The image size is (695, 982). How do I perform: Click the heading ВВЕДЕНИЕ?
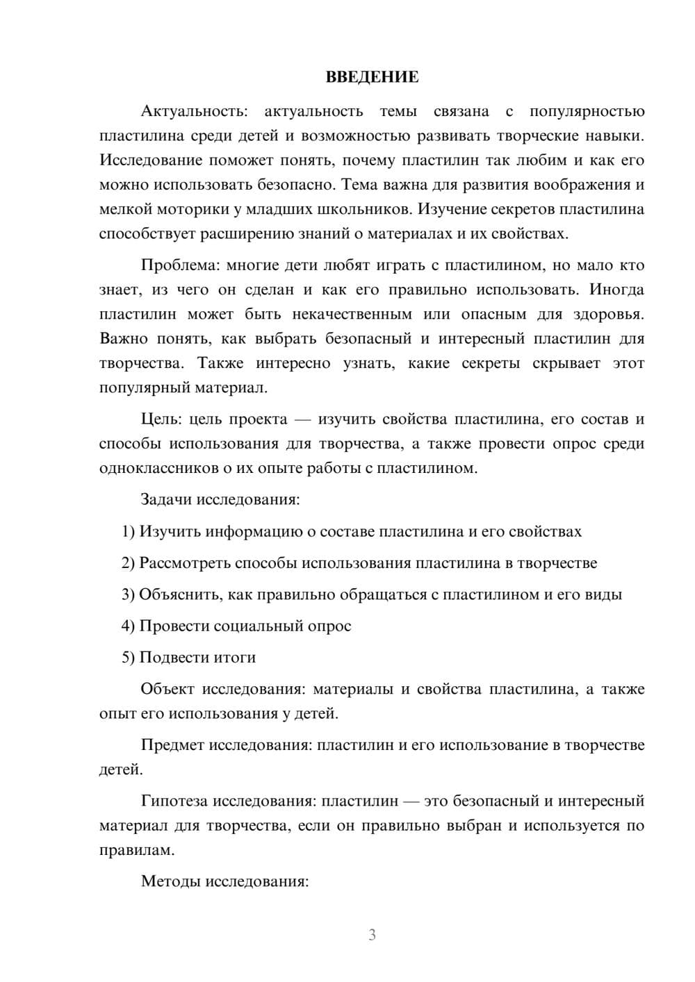[372, 77]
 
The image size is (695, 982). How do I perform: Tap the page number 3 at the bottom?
[372, 935]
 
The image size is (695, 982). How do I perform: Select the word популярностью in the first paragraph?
[587, 111]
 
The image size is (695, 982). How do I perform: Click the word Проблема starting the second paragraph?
[172, 265]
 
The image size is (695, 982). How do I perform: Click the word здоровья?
[609, 314]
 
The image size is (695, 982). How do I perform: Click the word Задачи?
[167, 499]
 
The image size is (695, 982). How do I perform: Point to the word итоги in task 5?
[236, 657]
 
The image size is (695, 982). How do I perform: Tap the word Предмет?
[172, 745]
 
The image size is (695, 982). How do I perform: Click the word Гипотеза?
[174, 801]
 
